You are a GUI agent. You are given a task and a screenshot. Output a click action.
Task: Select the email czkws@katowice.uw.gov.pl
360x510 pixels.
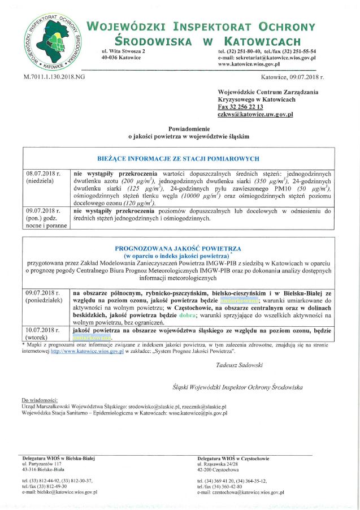click(x=255, y=114)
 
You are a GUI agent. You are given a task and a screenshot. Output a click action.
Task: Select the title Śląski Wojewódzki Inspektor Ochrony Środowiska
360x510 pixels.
click(x=238, y=387)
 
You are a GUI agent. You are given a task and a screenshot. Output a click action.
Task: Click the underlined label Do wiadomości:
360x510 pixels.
click(x=40, y=400)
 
